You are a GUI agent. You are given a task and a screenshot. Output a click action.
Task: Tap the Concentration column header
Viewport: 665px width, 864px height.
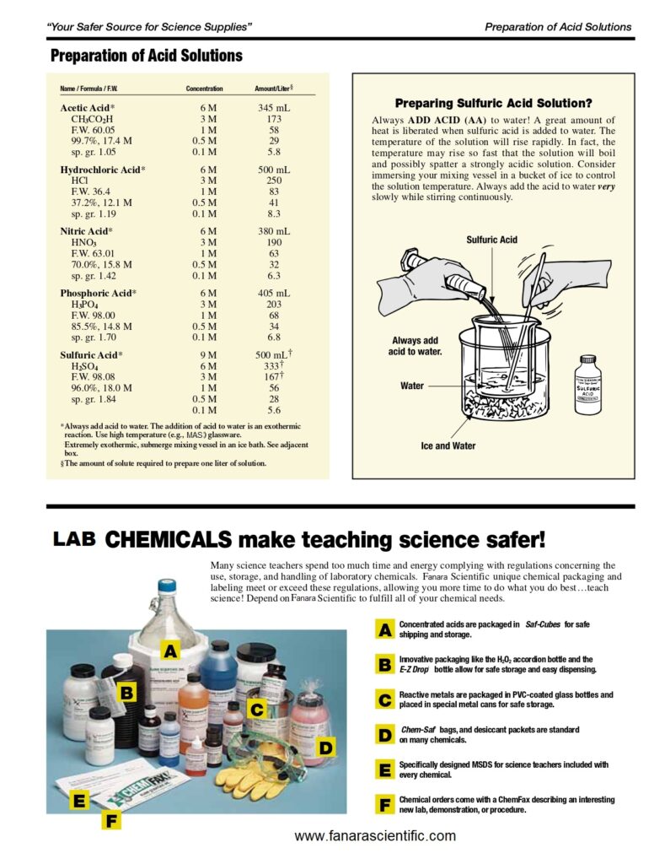click(204, 89)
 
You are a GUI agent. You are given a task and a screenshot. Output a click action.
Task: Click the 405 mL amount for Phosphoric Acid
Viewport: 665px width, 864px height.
click(273, 294)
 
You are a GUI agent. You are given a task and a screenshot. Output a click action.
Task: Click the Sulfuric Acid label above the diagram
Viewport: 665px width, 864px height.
click(491, 240)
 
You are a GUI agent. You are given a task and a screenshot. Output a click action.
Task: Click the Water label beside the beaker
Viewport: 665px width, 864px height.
click(412, 386)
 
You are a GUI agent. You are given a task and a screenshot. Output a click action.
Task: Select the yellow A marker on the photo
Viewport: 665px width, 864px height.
click(170, 651)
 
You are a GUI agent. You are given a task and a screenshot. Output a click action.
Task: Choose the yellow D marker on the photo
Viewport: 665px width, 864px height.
click(326, 747)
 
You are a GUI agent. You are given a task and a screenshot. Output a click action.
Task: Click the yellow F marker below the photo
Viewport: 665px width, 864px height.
click(112, 819)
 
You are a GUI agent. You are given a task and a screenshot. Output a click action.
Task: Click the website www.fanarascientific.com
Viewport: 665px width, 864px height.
click(375, 836)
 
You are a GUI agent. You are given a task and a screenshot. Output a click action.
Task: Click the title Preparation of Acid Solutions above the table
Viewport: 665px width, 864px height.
click(147, 57)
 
